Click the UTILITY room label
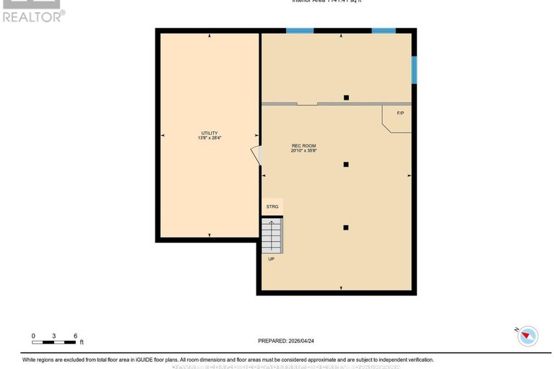[209, 133]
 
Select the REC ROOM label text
[303, 146]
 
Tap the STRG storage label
[272, 207]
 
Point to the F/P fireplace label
[400, 113]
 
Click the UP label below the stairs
[272, 259]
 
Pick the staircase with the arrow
[272, 234]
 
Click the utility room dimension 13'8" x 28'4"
[209, 138]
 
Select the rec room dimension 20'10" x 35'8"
[303, 151]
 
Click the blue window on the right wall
[414, 70]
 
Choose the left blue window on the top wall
[299, 30]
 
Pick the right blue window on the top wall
[384, 30]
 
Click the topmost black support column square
[346, 97]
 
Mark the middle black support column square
[346, 165]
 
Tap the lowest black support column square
[346, 227]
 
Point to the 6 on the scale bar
[75, 336]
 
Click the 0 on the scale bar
[33, 336]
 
